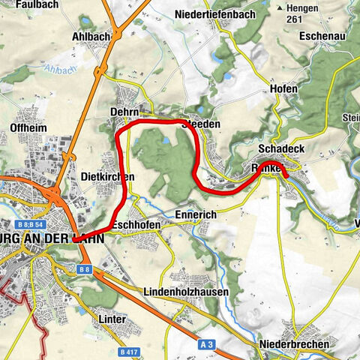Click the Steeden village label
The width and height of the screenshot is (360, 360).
pyautogui.click(x=202, y=124)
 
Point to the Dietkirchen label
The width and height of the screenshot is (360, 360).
pyautogui.click(x=107, y=176)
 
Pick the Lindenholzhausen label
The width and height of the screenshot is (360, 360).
pyautogui.click(x=187, y=290)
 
